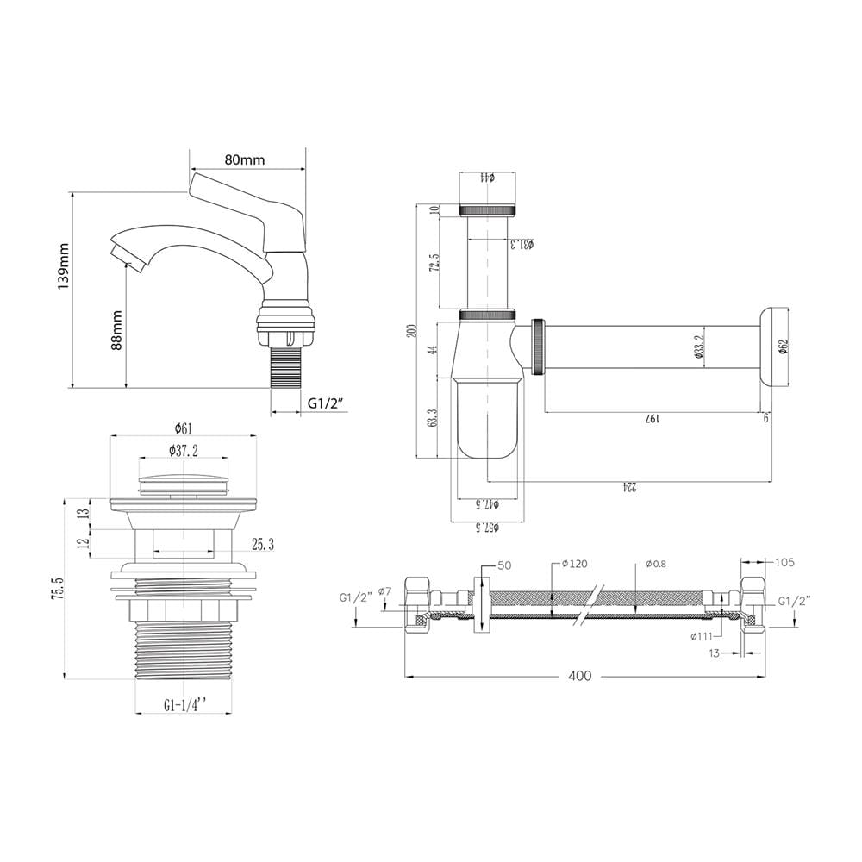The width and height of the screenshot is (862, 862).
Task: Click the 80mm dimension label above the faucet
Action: coord(244,159)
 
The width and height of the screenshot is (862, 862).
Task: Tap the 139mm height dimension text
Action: coord(65,266)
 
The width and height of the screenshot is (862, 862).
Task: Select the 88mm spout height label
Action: coord(116,330)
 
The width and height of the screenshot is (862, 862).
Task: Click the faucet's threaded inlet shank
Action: coord(286,365)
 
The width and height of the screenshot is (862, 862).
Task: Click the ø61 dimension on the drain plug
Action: coord(184,428)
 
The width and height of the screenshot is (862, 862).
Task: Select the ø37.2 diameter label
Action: coord(184,451)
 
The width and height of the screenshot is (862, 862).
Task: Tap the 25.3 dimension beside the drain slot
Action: coord(263,545)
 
